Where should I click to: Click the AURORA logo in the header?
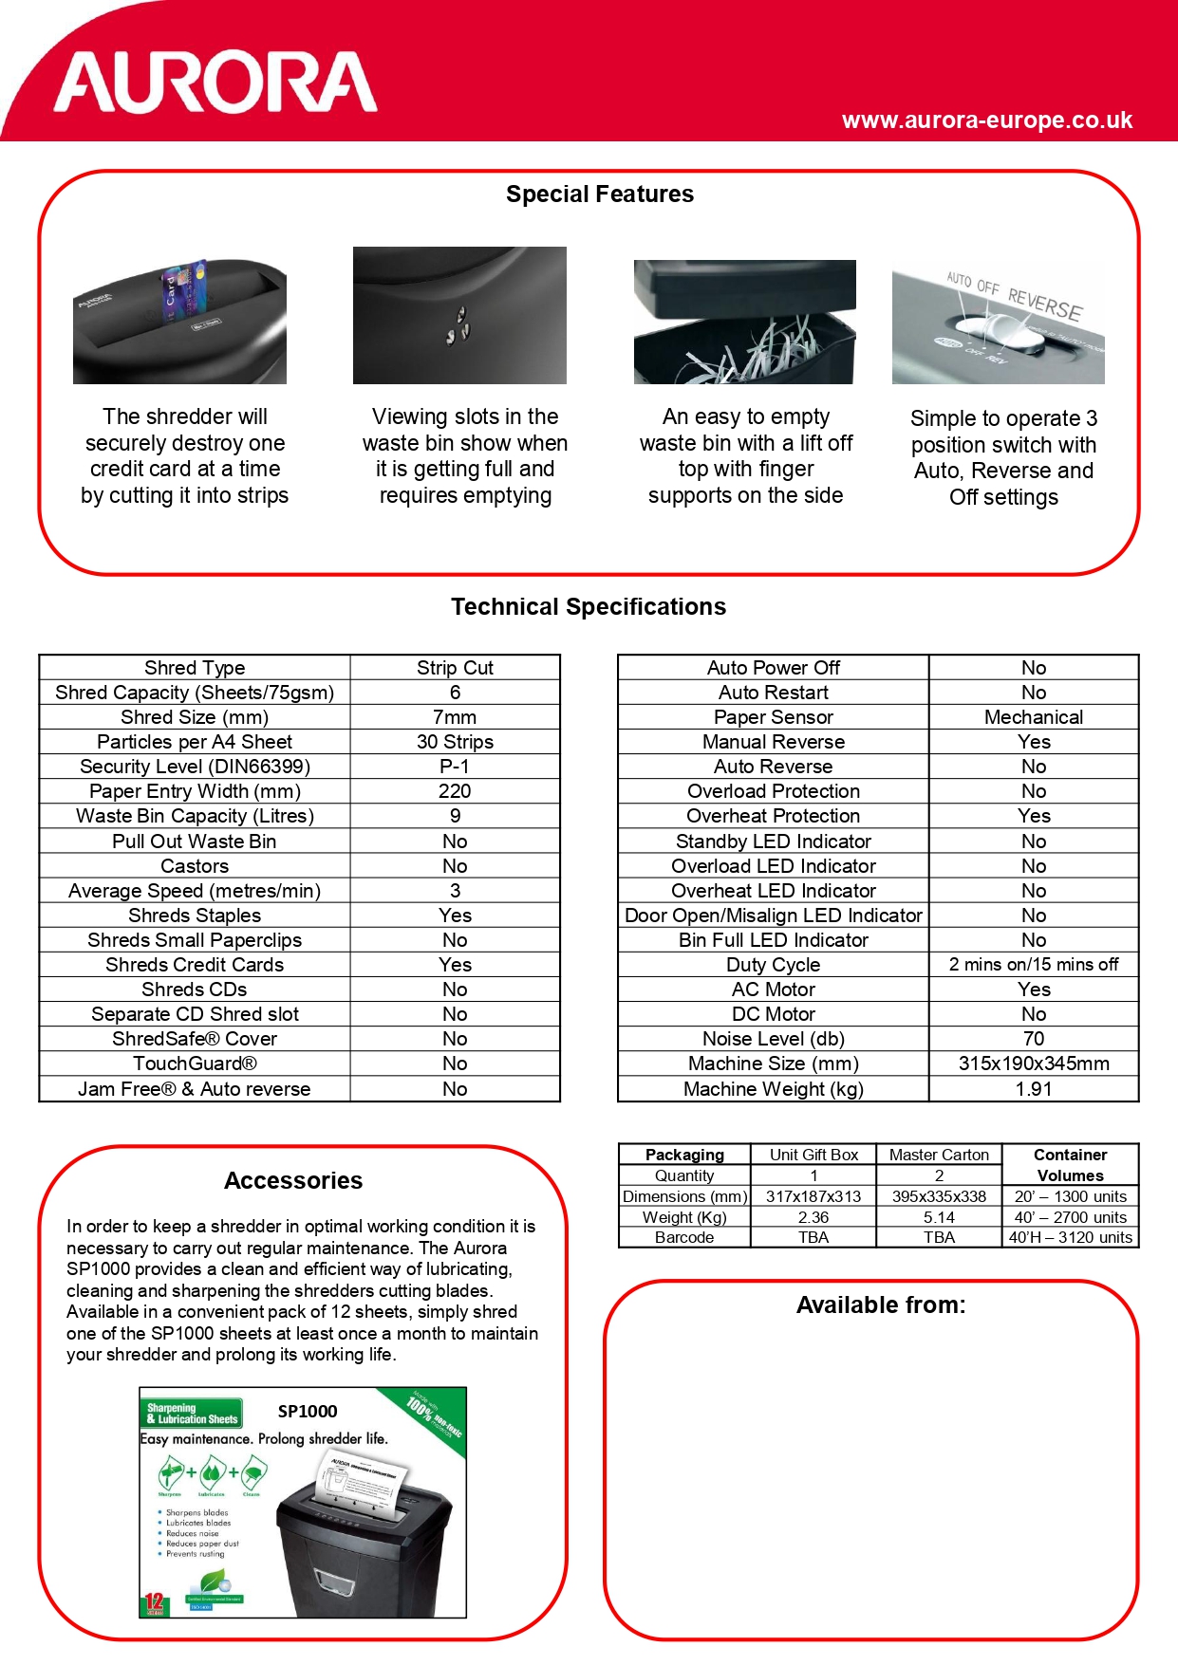click(x=215, y=83)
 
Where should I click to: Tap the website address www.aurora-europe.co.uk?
click(x=986, y=120)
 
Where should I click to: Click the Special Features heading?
click(x=599, y=194)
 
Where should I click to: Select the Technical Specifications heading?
click(x=588, y=607)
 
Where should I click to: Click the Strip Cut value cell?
click(x=455, y=668)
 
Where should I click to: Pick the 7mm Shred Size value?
click(x=455, y=717)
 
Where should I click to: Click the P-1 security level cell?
click(x=455, y=767)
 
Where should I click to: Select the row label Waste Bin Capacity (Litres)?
click(x=195, y=816)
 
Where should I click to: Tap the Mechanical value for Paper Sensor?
click(x=1033, y=717)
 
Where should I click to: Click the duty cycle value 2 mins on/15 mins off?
click(x=1033, y=965)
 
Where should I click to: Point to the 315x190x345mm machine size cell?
click(x=1033, y=1064)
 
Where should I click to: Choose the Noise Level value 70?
click(x=1033, y=1039)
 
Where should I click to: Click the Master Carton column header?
click(x=939, y=1155)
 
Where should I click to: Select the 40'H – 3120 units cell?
click(x=1070, y=1237)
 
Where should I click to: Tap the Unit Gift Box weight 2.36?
click(x=813, y=1217)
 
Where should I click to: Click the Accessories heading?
click(x=293, y=1181)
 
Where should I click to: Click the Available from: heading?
click(x=880, y=1305)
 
